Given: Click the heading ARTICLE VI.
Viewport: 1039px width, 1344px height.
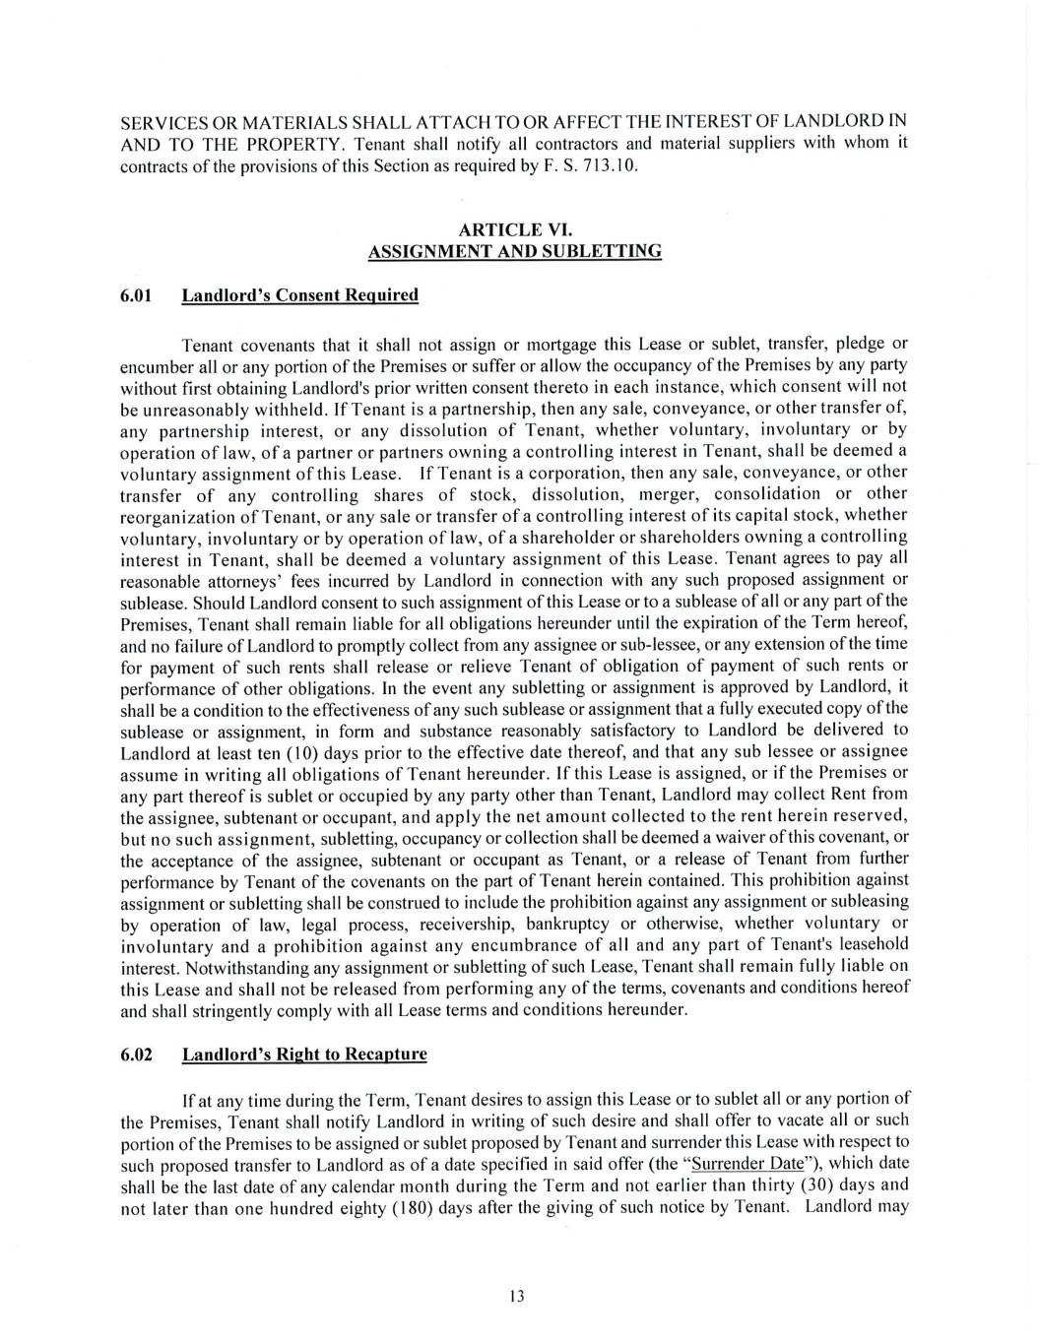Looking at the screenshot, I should point(514,230).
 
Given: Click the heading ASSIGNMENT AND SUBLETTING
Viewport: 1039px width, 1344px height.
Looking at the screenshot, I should point(514,251).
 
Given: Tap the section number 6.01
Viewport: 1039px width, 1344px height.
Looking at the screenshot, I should point(135,295).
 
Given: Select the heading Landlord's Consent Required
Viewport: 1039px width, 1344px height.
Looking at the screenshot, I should point(300,295).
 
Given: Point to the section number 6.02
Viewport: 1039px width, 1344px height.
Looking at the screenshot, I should point(136,1055).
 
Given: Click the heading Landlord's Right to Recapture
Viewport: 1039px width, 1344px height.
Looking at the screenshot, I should point(305,1055).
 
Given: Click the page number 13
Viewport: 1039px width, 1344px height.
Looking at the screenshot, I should point(518,1296).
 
